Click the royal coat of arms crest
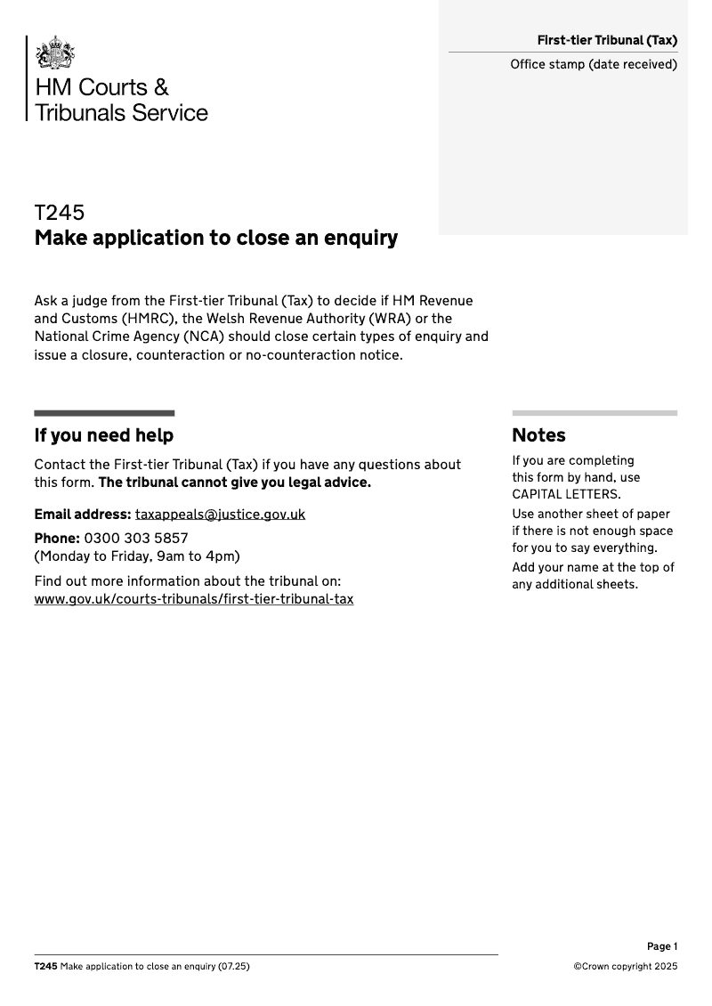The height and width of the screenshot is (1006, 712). (x=55, y=53)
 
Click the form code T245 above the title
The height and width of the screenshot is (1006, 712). (x=60, y=213)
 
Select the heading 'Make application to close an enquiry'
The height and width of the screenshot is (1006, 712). (x=215, y=239)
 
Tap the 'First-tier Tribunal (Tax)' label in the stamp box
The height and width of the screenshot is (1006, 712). (x=607, y=40)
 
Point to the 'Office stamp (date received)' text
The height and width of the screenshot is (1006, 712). (x=594, y=64)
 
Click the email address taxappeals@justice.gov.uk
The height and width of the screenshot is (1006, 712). (x=220, y=515)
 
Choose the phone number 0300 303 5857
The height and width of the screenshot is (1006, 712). (x=136, y=539)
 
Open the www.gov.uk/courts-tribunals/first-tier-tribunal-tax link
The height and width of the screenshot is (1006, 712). (x=193, y=599)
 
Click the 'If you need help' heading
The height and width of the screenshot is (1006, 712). (x=103, y=435)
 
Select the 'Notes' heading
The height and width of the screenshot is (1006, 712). (x=538, y=435)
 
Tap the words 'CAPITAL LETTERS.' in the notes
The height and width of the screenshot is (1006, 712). (x=566, y=495)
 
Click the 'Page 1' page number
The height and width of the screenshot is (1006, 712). (x=662, y=946)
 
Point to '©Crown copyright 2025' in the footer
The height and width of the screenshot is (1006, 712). (x=625, y=967)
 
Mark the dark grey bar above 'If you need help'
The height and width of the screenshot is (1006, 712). (x=104, y=413)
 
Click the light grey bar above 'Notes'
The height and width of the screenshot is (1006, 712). (x=595, y=413)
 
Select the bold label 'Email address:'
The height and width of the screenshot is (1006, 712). (x=83, y=515)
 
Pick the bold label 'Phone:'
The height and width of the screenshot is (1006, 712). (x=57, y=539)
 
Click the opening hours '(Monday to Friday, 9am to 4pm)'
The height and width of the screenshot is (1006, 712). (x=137, y=556)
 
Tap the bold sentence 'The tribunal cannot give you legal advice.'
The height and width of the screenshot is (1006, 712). (x=234, y=483)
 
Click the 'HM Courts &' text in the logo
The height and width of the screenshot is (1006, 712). (x=101, y=87)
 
